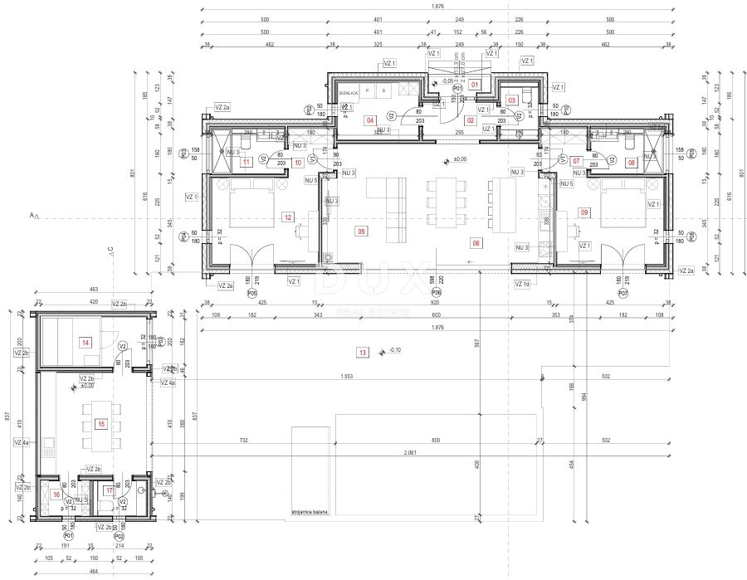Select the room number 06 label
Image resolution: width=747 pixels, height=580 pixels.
pyautogui.click(x=476, y=243)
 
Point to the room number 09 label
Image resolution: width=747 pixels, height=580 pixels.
pyautogui.click(x=585, y=213)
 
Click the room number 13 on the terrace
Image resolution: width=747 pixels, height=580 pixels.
pyautogui.click(x=362, y=352)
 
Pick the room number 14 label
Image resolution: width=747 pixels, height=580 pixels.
pyautogui.click(x=85, y=342)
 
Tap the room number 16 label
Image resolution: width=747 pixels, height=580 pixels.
pyautogui.click(x=56, y=495)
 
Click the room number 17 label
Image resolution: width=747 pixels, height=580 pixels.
pyautogui.click(x=110, y=490)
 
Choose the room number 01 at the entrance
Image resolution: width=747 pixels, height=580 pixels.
pyautogui.click(x=475, y=85)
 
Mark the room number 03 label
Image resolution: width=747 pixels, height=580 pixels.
pyautogui.click(x=512, y=100)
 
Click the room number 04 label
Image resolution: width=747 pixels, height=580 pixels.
pyautogui.click(x=370, y=120)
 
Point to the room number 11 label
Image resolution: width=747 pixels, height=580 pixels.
pyautogui.click(x=246, y=163)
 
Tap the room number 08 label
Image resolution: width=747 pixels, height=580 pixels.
pyautogui.click(x=632, y=163)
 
